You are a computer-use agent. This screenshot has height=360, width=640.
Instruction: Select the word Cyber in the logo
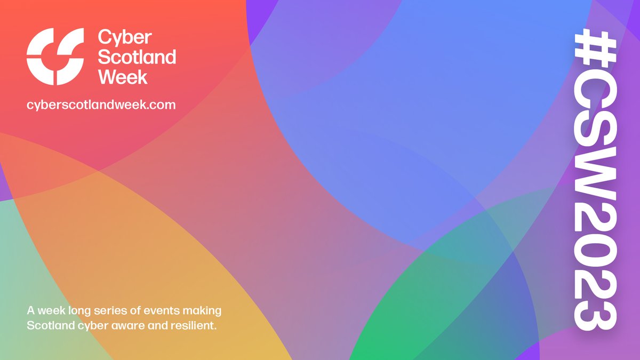(125, 38)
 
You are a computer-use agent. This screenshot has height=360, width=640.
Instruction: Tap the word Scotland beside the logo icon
(137, 57)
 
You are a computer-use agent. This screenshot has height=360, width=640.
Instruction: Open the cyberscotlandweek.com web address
(101, 105)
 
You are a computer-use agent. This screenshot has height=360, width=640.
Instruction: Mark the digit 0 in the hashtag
(596, 266)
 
